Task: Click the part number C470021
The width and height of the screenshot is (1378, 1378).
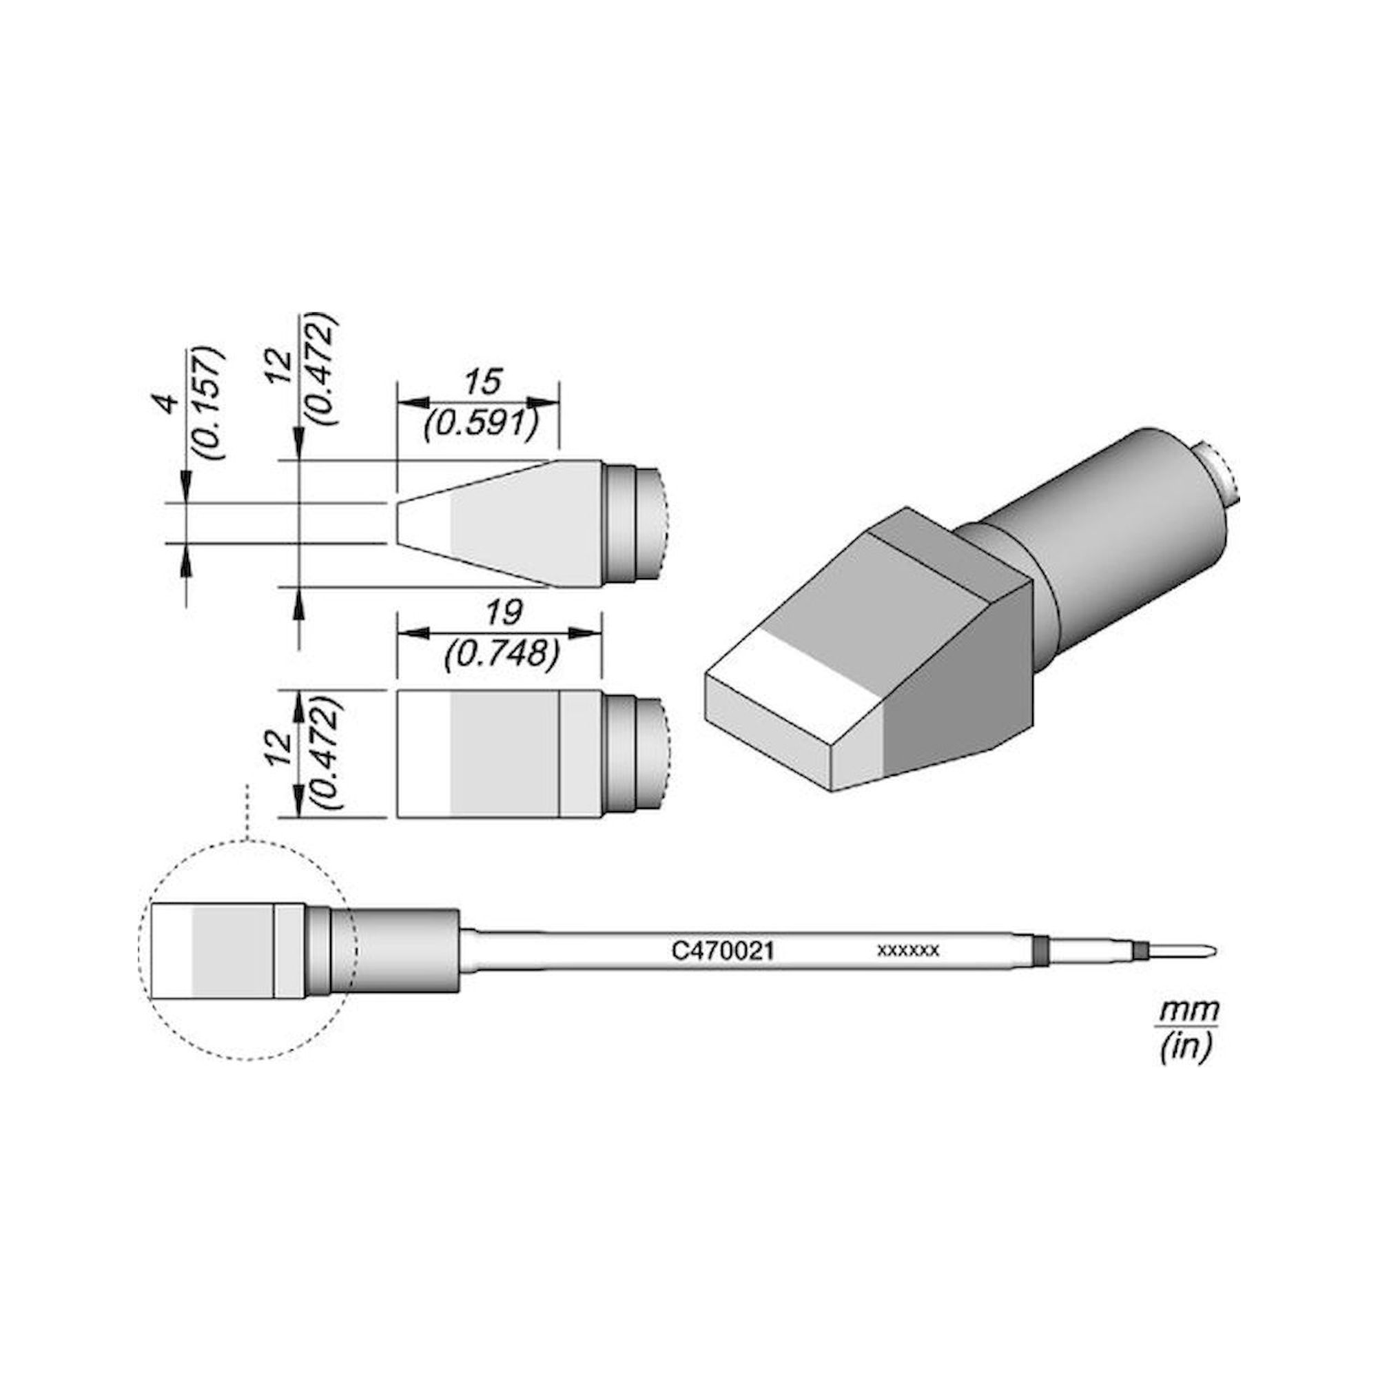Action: (723, 951)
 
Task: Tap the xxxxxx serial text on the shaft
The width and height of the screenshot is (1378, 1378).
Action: (909, 951)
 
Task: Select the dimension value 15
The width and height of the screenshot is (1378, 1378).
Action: (483, 382)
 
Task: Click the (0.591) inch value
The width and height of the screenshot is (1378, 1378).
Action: (480, 425)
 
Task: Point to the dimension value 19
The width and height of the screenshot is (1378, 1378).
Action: (503, 611)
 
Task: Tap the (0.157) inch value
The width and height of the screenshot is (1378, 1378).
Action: (209, 404)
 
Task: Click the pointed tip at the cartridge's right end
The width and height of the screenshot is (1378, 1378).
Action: (1211, 951)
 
